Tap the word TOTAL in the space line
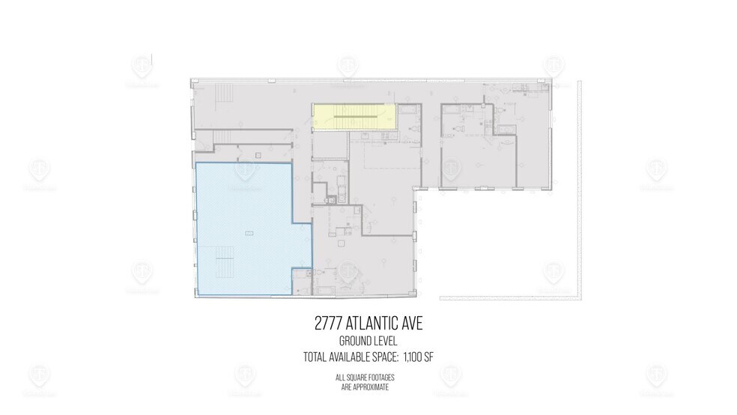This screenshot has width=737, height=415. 315,357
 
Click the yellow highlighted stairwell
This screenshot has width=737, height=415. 354,117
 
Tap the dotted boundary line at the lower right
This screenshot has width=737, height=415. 509,297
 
